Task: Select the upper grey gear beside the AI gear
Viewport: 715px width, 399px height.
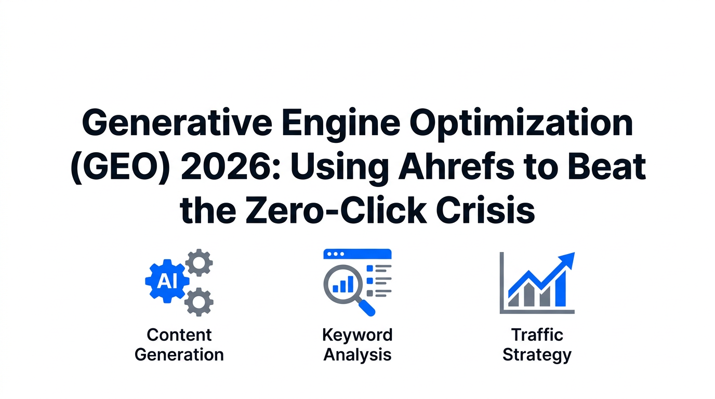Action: pos(198,263)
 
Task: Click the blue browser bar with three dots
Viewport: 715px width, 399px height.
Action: pos(357,254)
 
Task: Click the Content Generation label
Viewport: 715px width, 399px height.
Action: pos(179,344)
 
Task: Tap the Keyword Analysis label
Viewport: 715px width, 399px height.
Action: pos(357,344)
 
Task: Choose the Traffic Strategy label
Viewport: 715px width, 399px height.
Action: pos(537,344)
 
